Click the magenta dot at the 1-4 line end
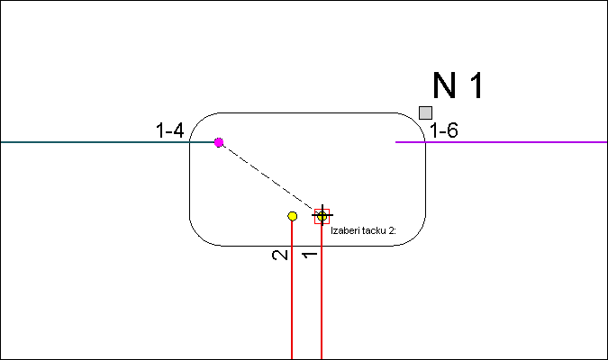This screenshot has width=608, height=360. [x=219, y=142]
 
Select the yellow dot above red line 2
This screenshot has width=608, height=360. [x=293, y=216]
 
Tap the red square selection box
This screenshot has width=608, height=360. [x=322, y=216]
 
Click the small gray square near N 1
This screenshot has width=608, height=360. [x=425, y=112]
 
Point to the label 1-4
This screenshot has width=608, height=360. [x=170, y=130]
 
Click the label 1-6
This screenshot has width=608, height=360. [x=444, y=130]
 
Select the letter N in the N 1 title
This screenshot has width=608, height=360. [x=444, y=85]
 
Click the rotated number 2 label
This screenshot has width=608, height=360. [x=280, y=255]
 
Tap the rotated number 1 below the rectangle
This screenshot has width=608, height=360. [x=310, y=255]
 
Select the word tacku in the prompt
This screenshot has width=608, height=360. [x=373, y=230]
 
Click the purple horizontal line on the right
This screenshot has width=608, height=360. [x=502, y=142]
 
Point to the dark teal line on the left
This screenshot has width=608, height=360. [x=107, y=142]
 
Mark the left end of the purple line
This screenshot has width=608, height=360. [x=395, y=142]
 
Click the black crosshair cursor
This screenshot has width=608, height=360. [x=322, y=215]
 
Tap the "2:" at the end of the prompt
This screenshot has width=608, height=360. [x=392, y=230]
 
